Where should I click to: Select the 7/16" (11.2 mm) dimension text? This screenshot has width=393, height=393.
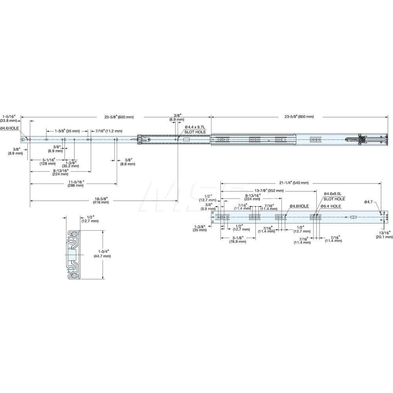point(108,131)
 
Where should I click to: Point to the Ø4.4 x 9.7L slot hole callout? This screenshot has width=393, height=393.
point(195,129)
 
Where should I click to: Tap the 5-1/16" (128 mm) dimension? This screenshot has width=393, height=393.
point(49,162)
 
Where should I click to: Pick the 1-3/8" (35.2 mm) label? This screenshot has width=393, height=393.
point(71,164)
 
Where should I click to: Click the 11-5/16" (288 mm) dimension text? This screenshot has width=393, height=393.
point(75,183)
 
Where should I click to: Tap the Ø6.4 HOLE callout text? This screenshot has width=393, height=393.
point(330,206)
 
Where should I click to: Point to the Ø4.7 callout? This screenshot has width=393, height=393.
point(368,202)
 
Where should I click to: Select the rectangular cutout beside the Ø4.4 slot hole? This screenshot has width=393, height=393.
point(186,139)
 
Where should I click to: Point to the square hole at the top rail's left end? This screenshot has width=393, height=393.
point(23,139)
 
